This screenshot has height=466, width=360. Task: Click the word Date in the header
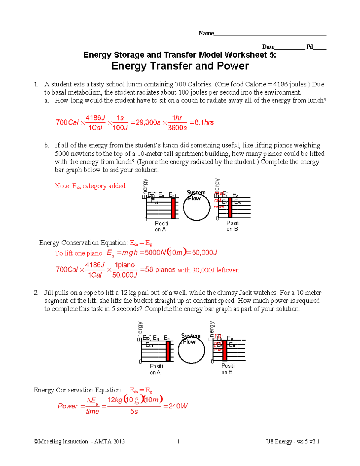point(268,47)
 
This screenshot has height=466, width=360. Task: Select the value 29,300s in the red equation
point(148,122)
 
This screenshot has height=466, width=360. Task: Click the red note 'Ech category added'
point(90,186)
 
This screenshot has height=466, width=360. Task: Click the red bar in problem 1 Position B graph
point(230,207)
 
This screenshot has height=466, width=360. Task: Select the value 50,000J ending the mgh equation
point(204,253)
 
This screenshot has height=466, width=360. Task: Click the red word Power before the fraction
point(68,406)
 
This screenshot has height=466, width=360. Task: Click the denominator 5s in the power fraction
point(134,412)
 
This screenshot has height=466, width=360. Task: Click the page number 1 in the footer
point(178,441)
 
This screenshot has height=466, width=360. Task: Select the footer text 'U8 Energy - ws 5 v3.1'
point(292,441)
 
